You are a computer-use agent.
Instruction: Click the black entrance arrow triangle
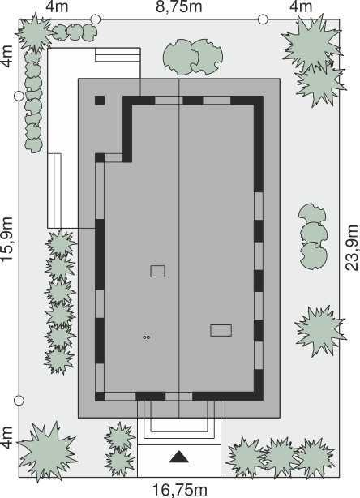coord(179,457)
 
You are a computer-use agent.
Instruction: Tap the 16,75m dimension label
coord(180,490)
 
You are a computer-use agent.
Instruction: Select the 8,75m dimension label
coord(178,7)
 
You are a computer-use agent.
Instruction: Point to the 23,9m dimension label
coord(352,247)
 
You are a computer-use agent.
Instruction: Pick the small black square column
coord(100,101)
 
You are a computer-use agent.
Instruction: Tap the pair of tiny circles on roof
coord(146,337)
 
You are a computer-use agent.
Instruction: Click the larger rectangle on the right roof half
coord(221,330)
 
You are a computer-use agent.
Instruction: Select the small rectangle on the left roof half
coord(158,272)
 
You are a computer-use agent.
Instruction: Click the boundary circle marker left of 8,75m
coord(95,19)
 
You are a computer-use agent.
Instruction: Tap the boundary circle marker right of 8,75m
coord(263,19)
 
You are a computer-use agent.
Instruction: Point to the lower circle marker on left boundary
coord(19,401)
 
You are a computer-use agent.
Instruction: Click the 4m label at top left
coord(57,7)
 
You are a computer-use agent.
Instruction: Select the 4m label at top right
coord(301,7)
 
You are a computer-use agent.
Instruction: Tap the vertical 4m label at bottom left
coord(7,438)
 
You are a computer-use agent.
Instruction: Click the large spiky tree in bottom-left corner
coord(48,451)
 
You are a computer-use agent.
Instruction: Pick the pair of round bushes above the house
coord(193,57)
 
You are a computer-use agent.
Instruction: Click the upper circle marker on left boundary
coord(19,96)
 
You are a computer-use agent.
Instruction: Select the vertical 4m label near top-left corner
coord(7,57)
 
